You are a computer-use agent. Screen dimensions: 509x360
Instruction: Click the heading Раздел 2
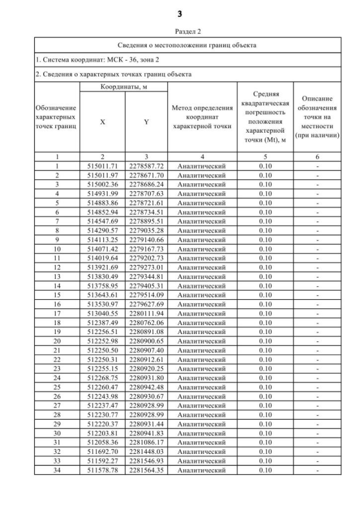coord(179,33)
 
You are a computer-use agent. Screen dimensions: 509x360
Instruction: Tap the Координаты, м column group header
coord(124,87)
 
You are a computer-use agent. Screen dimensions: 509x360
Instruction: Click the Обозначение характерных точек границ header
coord(57,117)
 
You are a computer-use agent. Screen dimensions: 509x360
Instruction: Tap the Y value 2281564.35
coord(146,470)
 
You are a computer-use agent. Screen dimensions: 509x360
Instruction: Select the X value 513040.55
coord(102,314)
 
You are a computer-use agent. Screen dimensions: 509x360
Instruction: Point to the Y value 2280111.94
coord(146,314)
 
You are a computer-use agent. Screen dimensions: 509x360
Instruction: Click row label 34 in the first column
coord(57,470)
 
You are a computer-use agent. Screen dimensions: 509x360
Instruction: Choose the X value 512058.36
coord(102,443)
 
